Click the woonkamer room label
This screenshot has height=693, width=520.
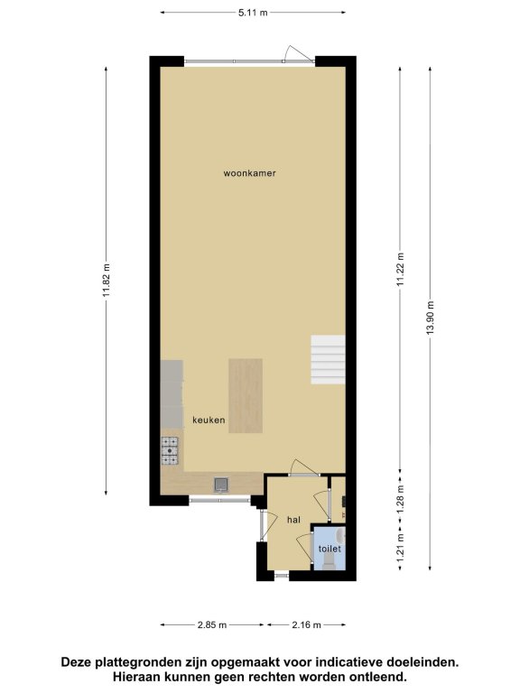(x=249, y=173)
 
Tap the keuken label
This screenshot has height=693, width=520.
(x=209, y=420)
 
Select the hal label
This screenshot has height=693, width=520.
(x=293, y=520)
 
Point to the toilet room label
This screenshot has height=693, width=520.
(x=330, y=549)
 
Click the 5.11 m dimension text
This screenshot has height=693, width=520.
(x=253, y=13)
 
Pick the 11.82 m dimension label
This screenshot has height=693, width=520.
(x=107, y=281)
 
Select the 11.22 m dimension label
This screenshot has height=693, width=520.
(x=400, y=270)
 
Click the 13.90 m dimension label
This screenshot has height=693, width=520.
(x=431, y=318)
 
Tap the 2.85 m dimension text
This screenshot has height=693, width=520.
(x=212, y=625)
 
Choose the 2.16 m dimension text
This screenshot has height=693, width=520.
(x=306, y=625)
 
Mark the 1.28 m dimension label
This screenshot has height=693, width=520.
(x=400, y=499)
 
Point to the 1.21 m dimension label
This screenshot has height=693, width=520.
(x=400, y=547)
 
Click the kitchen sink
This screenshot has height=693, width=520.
(x=221, y=485)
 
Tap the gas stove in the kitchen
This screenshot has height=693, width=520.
(x=170, y=451)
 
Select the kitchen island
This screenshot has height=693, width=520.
(x=246, y=396)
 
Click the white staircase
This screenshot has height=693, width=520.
(x=328, y=360)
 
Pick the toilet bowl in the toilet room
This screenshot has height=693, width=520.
(x=330, y=561)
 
